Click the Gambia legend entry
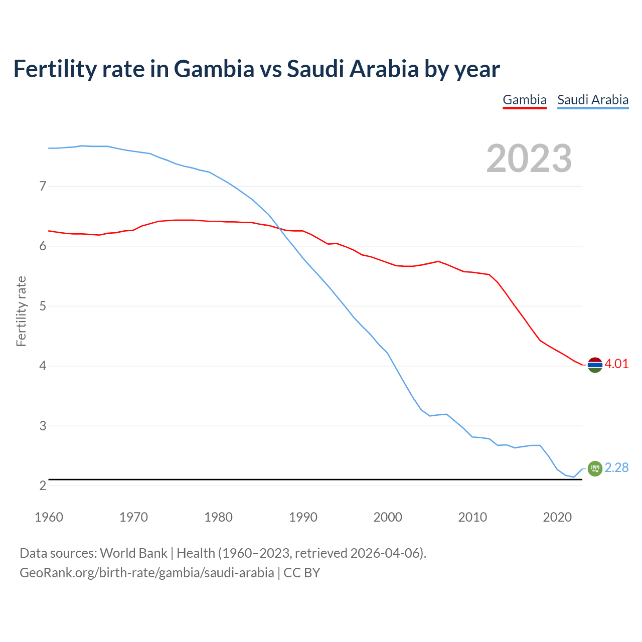click(x=524, y=100)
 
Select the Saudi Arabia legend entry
click(x=593, y=100)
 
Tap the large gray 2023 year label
click(x=529, y=158)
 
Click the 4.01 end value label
click(x=616, y=364)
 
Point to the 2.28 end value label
click(x=616, y=468)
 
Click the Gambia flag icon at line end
click(x=595, y=365)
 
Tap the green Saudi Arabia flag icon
click(x=595, y=468)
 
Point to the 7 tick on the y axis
click(x=43, y=187)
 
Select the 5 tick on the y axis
click(x=43, y=306)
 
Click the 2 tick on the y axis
click(x=43, y=486)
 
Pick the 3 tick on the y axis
click(x=43, y=426)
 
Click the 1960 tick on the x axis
click(x=49, y=517)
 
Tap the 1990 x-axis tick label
click(x=303, y=517)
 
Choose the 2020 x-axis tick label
click(x=557, y=517)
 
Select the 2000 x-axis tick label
click(x=388, y=517)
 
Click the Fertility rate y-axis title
click(x=21, y=311)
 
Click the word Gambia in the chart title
click(x=214, y=69)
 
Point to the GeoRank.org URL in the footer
click(x=146, y=573)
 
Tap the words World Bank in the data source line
click(x=133, y=553)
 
